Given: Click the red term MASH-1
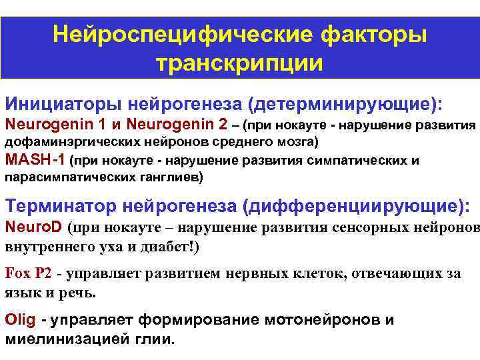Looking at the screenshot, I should [x=35, y=160].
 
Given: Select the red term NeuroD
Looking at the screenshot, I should [x=33, y=227].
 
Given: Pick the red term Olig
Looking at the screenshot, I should [x=20, y=320].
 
